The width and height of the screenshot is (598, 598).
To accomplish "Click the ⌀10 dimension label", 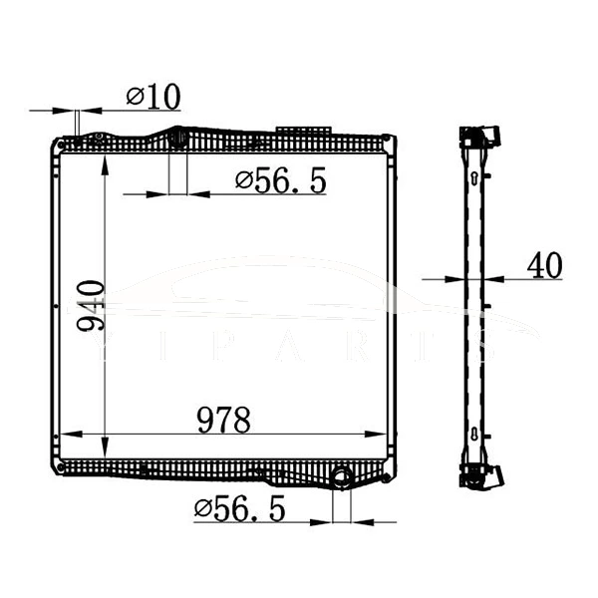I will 153,97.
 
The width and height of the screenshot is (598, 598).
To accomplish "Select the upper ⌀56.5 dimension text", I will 280,181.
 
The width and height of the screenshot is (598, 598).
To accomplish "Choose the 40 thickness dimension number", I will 543,266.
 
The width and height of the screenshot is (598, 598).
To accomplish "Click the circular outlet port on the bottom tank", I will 342,479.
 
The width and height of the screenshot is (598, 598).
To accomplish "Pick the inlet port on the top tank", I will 178,138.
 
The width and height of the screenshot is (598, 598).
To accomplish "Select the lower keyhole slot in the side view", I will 475,434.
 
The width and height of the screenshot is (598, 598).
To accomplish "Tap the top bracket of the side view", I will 479,136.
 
